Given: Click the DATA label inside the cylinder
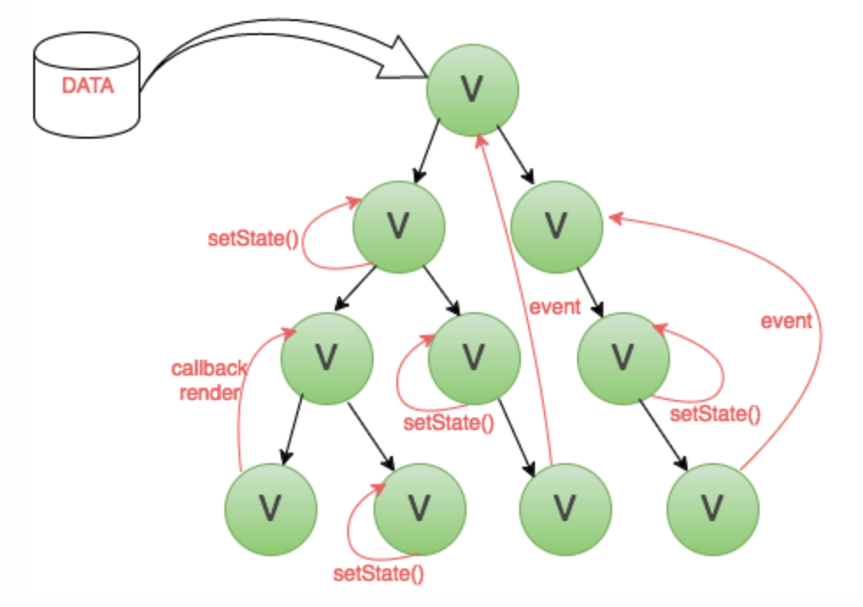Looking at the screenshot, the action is pos(88,86).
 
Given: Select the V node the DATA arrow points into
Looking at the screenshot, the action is pos(473,89).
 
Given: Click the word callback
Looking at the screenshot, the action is pos(209,368).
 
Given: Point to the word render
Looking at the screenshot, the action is pos(210,392).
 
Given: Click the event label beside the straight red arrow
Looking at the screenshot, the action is pos(555,306).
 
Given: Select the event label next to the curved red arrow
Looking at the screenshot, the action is pos(787,321).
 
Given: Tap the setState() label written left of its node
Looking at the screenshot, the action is pos(253,239).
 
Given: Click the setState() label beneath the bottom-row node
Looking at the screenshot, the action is pos(379,574).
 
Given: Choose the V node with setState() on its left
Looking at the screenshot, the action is pos(398,226).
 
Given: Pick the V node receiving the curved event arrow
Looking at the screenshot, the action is pos(557,226).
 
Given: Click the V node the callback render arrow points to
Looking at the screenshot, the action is pos(327,359).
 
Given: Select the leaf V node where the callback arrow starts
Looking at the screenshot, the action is pos(271,509).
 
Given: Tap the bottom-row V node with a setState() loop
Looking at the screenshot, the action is pos(420,509).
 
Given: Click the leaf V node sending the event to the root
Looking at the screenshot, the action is pos(565,509).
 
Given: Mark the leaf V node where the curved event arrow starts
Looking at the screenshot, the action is pos(713,509).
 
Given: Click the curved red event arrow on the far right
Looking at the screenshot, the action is pos(820,336).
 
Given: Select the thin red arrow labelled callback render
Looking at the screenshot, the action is pos(239,396).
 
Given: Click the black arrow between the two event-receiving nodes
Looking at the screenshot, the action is pos(515,155).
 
